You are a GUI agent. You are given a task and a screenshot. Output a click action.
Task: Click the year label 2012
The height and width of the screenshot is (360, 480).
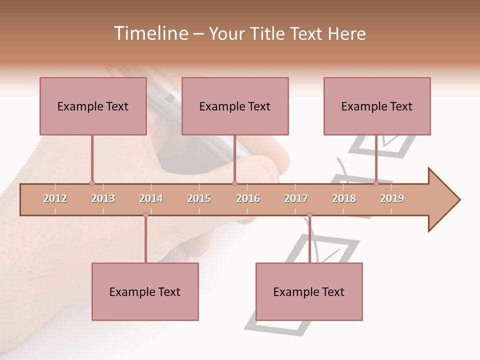click(55, 198)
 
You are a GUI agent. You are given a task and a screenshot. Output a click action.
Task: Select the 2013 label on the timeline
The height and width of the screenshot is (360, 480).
click(103, 198)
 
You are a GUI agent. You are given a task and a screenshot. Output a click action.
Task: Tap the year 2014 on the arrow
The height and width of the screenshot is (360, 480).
click(151, 198)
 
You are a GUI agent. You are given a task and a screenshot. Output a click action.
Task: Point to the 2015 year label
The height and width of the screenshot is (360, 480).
click(199, 198)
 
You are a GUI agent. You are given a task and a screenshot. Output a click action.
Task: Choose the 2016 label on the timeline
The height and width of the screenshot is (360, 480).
click(248, 198)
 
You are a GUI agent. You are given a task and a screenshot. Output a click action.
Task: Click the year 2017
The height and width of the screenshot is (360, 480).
click(296, 198)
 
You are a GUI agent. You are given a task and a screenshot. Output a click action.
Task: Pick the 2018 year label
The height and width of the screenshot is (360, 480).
click(344, 198)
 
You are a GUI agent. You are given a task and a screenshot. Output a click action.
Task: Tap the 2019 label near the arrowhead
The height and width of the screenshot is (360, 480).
click(392, 198)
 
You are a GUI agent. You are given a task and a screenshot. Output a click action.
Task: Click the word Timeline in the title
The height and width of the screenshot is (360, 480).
click(150, 33)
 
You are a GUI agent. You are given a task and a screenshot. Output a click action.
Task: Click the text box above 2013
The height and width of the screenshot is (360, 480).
click(93, 106)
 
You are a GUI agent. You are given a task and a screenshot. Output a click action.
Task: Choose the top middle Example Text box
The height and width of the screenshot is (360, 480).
click(235, 106)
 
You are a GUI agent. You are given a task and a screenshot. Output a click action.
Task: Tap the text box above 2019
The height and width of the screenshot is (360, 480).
click(377, 106)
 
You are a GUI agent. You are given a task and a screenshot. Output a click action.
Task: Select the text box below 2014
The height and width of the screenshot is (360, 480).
click(145, 291)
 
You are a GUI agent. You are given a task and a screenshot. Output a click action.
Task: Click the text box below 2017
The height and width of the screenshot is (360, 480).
click(309, 291)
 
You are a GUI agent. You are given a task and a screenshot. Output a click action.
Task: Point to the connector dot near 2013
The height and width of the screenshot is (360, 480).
click(92, 183)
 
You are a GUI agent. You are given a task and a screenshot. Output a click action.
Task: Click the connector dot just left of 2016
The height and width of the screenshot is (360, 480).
click(234, 183)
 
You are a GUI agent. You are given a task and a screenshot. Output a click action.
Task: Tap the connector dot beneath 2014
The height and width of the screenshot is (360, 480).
click(145, 215)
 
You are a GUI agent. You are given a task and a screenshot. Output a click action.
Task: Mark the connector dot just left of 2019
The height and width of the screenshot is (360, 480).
click(376, 183)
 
